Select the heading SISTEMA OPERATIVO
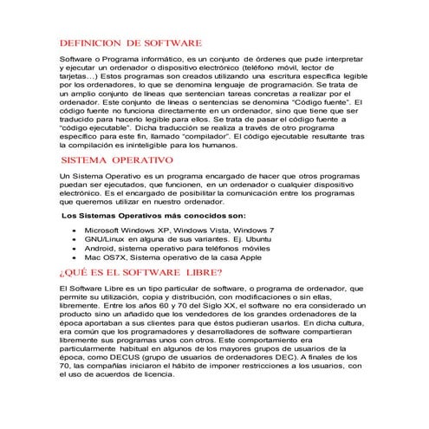[118, 161]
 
